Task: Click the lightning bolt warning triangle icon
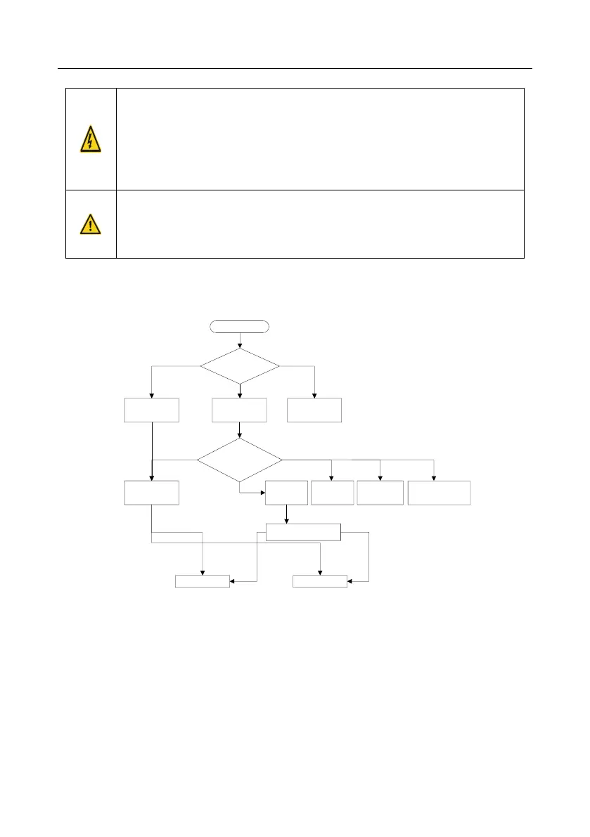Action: tap(91, 139)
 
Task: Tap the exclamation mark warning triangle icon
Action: tap(91, 223)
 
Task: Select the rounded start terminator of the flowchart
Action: tap(239, 326)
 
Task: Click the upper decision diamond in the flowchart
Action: tap(240, 366)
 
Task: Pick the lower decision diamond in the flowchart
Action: tap(239, 460)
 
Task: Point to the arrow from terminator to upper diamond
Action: tap(240, 340)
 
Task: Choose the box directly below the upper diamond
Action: tap(240, 410)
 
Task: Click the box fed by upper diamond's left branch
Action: tap(152, 410)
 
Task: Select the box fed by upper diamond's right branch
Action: tap(314, 410)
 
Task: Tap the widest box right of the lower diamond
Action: tap(440, 493)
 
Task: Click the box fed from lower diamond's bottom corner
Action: tap(286, 493)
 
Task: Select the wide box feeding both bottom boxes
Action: tap(303, 532)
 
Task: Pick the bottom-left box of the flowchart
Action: tap(202, 580)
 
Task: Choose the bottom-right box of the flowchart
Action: tap(320, 580)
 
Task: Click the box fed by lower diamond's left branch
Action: tap(152, 493)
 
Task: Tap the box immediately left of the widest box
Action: tap(380, 493)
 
